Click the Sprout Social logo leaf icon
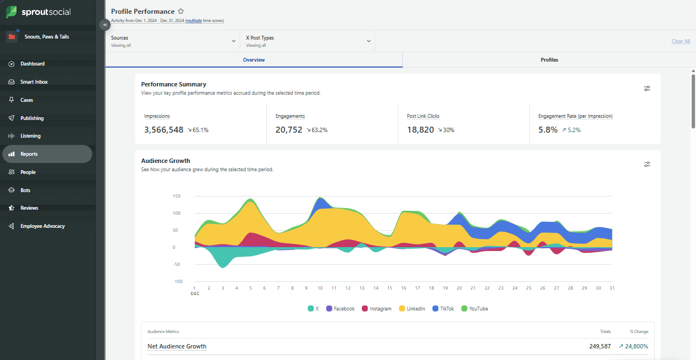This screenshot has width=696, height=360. click(12, 12)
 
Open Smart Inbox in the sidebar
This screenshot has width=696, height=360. click(34, 82)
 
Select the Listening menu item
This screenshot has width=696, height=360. click(30, 136)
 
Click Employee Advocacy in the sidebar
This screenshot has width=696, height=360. click(42, 226)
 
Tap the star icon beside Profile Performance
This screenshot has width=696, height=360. click(181, 12)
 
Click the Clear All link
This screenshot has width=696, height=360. click(681, 41)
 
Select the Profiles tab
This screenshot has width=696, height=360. click(549, 60)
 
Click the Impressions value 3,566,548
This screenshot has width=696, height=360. click(164, 130)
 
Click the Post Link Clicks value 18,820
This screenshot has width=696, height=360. click(420, 130)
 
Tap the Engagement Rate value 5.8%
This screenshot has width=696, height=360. click(547, 130)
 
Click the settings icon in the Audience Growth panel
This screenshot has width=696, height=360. click(647, 164)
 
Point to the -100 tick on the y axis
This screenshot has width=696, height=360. click(177, 282)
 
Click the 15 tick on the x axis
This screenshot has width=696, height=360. click(390, 288)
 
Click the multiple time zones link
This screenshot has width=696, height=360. click(205, 21)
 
